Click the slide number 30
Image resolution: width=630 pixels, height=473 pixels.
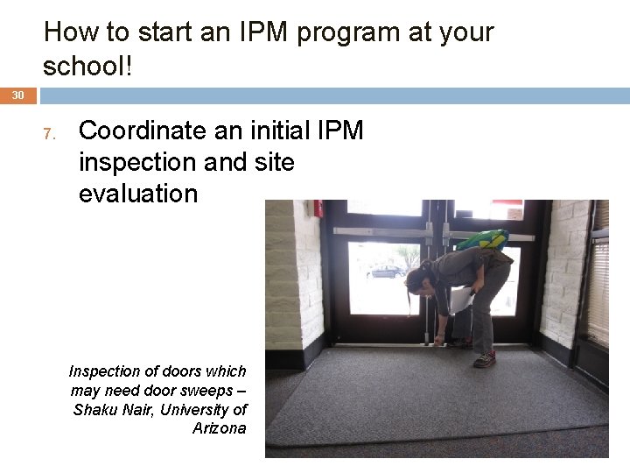pyautogui.click(x=17, y=95)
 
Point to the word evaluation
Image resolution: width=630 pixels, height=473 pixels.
pyautogui.click(x=138, y=194)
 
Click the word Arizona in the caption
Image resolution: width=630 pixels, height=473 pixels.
pyautogui.click(x=219, y=428)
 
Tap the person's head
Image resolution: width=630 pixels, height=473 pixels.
pyautogui.click(x=417, y=281)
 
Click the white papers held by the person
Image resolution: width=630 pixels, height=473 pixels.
pyautogui.click(x=461, y=301)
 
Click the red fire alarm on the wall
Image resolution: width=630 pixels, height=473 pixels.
pyautogui.click(x=319, y=209)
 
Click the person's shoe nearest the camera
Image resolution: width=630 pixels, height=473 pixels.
pyautogui.click(x=484, y=359)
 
